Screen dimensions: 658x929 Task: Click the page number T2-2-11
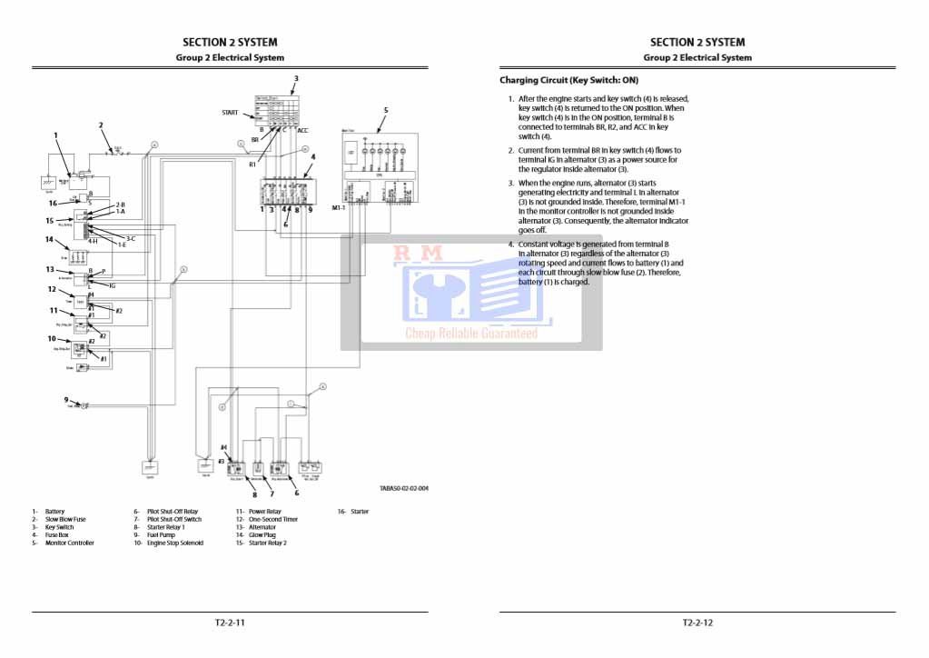230,623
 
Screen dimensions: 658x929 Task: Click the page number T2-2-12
697,623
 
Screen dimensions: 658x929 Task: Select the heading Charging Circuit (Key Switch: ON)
568,80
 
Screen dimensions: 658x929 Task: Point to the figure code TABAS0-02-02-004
404,488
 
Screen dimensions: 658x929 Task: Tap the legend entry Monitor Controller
69,543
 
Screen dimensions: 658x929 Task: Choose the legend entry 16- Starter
353,512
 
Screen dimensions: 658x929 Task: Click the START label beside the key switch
231,113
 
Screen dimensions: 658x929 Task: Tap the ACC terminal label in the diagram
302,130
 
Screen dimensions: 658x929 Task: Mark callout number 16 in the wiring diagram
52,203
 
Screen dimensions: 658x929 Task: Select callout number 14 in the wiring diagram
50,240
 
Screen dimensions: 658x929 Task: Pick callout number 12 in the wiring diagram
52,290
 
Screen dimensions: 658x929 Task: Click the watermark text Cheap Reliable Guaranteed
470,334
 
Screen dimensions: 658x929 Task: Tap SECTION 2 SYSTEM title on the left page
230,42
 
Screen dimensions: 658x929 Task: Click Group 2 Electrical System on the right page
697,57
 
